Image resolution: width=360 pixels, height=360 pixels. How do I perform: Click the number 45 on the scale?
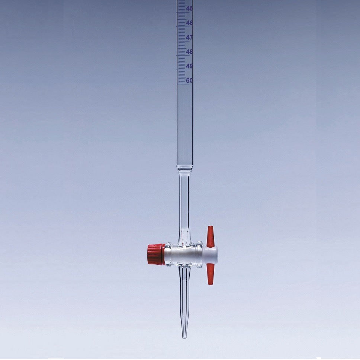[189, 9]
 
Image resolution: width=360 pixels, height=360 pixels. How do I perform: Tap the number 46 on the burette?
[189, 23]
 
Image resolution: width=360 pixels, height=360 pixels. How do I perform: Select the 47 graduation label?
[189, 38]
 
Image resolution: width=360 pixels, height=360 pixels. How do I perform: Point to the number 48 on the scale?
[189, 52]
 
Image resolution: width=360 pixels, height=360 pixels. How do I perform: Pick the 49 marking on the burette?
[189, 67]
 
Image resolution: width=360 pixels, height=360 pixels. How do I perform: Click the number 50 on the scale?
[189, 81]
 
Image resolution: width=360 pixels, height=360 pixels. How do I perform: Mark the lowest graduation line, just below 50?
[181, 83]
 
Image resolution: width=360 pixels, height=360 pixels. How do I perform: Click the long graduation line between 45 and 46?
[181, 15]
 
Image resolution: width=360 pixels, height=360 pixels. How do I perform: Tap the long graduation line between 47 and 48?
[181, 44]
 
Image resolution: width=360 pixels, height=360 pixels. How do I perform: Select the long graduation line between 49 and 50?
[181, 73]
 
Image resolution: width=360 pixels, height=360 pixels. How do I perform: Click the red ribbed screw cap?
[156, 254]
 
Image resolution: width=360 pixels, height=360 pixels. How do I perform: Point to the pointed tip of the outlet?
[184, 337]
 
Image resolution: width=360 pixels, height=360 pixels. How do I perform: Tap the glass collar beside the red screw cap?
[168, 254]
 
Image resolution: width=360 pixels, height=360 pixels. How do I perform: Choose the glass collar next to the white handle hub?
[199, 254]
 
